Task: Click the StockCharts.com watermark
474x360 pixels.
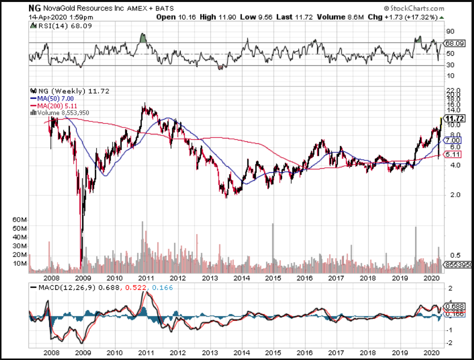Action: click(x=414, y=8)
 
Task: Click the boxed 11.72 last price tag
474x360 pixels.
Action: click(x=455, y=119)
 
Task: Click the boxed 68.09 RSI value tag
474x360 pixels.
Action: click(x=455, y=43)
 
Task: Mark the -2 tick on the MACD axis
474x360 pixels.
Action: click(x=450, y=343)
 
